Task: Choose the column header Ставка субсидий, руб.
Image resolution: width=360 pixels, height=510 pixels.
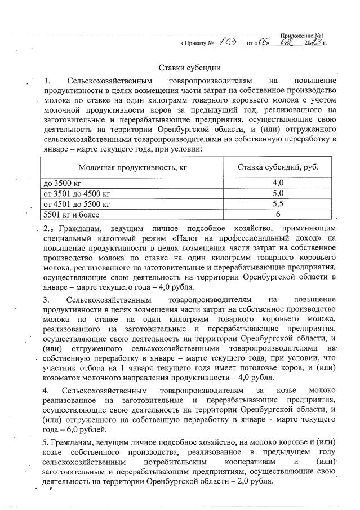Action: coord(271,167)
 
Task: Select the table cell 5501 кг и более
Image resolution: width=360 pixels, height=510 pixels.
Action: coord(71,215)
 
